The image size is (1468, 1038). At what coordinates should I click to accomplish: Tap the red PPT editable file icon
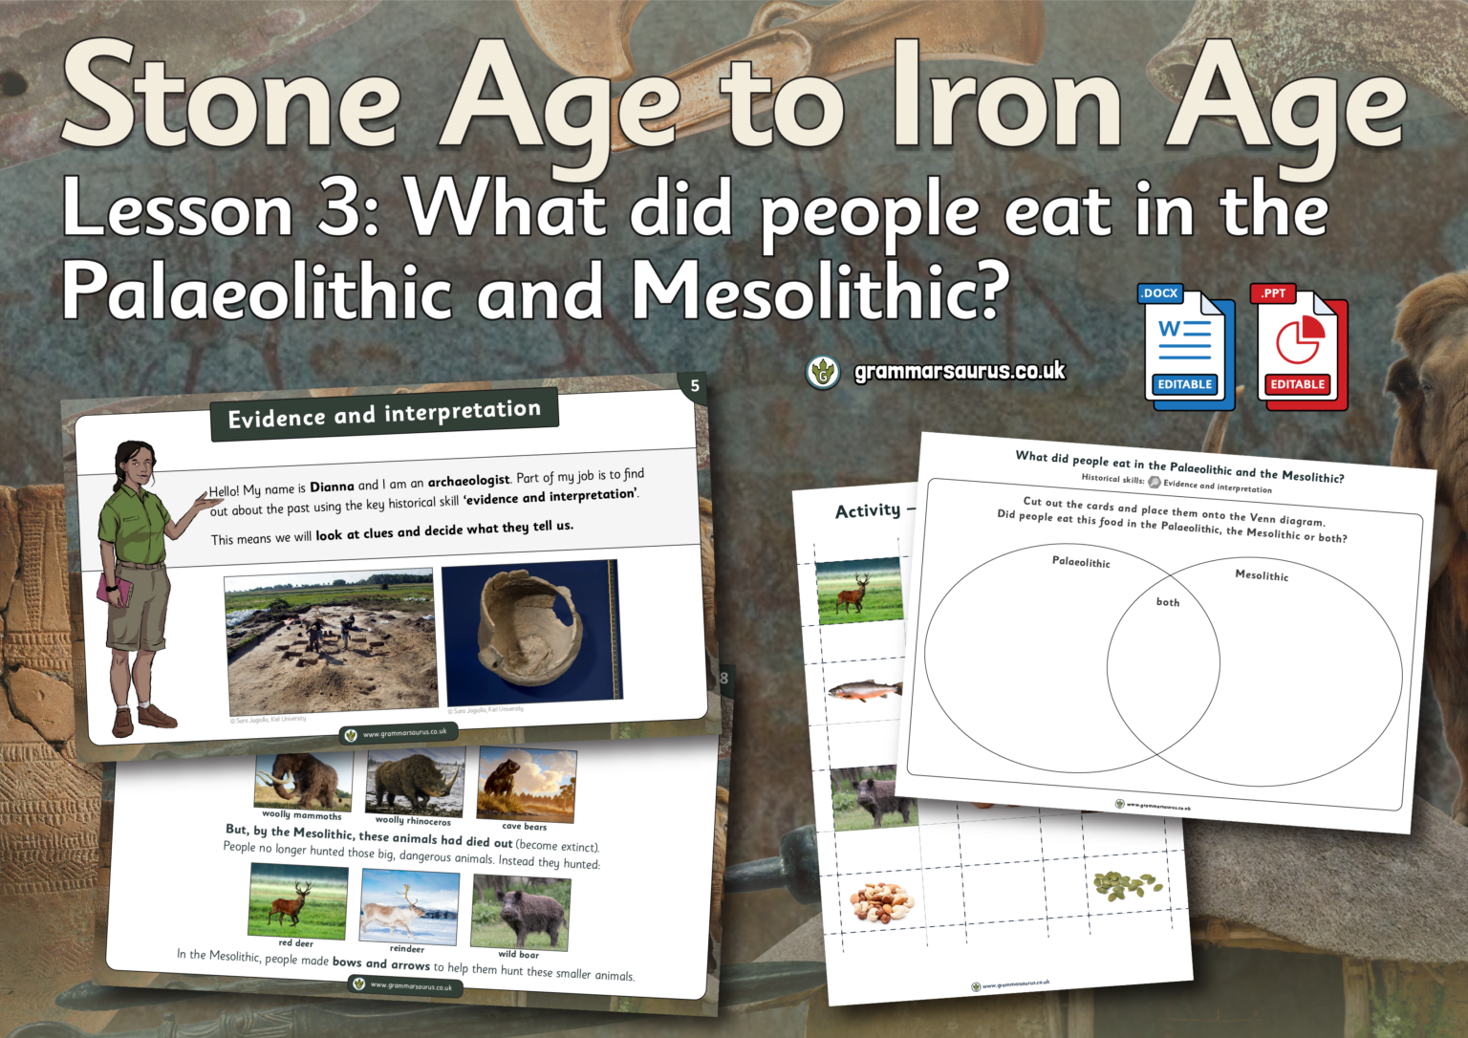pyautogui.click(x=1298, y=348)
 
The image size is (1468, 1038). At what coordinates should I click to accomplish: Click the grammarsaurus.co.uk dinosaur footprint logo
pyautogui.click(x=823, y=372)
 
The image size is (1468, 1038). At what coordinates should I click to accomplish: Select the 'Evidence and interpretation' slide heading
pyautogui.click(x=384, y=414)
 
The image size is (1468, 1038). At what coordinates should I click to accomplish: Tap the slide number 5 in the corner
pyautogui.click(x=695, y=386)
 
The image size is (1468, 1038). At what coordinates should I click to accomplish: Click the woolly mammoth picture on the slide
pyautogui.click(x=302, y=780)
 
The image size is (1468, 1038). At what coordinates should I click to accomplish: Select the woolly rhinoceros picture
pyautogui.click(x=415, y=782)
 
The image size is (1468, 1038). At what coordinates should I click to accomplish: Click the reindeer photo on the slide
pyautogui.click(x=406, y=906)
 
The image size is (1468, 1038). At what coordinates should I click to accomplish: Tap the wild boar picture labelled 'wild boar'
pyautogui.click(x=521, y=913)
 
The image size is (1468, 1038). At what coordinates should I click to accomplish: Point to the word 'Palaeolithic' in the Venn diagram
pyautogui.click(x=1081, y=562)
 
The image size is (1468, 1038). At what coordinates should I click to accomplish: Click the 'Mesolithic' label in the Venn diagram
pyautogui.click(x=1262, y=574)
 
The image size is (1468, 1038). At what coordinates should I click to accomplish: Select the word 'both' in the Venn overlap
pyautogui.click(x=1168, y=602)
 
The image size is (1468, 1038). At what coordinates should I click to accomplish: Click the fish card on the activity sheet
pyautogui.click(x=864, y=690)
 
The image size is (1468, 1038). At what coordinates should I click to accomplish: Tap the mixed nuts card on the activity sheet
pyautogui.click(x=882, y=901)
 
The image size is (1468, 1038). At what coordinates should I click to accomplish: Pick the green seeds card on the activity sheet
pyautogui.click(x=1128, y=886)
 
